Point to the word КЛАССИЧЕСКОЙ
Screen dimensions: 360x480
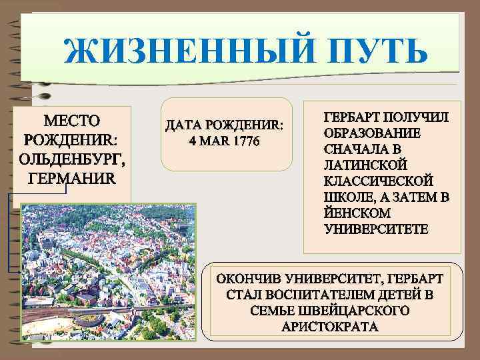pyautogui.click(x=378, y=181)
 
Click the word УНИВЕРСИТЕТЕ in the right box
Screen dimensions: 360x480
pyautogui.click(x=377, y=229)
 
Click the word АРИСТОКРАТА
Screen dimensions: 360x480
pyautogui.click(x=331, y=327)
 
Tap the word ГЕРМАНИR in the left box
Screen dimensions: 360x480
pyautogui.click(x=71, y=179)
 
